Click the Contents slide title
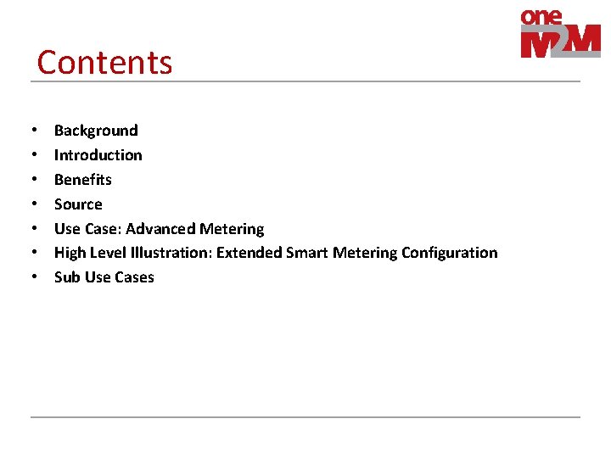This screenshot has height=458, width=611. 104,63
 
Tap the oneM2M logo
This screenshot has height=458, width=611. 559,34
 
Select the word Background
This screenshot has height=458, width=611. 96,131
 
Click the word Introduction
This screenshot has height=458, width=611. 98,155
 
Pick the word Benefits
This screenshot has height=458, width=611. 83,180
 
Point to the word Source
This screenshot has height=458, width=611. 78,204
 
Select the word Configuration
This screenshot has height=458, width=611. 449,253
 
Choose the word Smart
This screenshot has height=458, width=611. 307,253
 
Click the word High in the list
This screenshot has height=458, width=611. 70,253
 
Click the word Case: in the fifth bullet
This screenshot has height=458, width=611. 104,229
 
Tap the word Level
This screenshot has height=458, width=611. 109,253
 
